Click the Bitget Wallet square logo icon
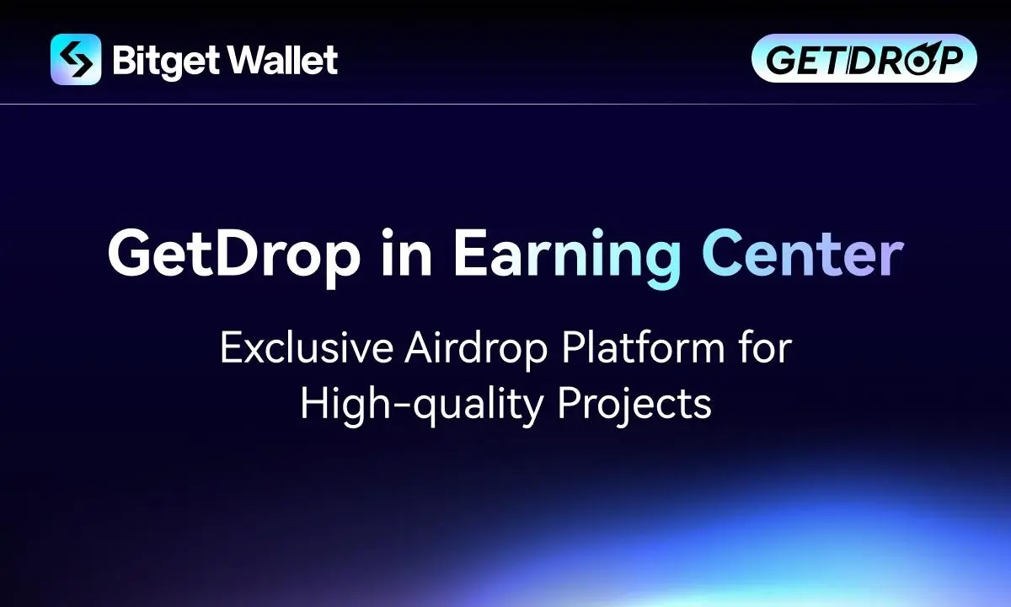(x=76, y=59)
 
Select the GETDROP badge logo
(x=864, y=58)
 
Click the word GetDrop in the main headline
(x=234, y=255)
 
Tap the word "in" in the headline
(x=407, y=252)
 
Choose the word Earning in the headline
(x=567, y=257)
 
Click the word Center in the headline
(x=803, y=254)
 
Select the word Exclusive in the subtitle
(x=307, y=347)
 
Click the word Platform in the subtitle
(x=643, y=347)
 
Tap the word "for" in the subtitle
(x=765, y=346)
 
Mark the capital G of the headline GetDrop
(x=131, y=254)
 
